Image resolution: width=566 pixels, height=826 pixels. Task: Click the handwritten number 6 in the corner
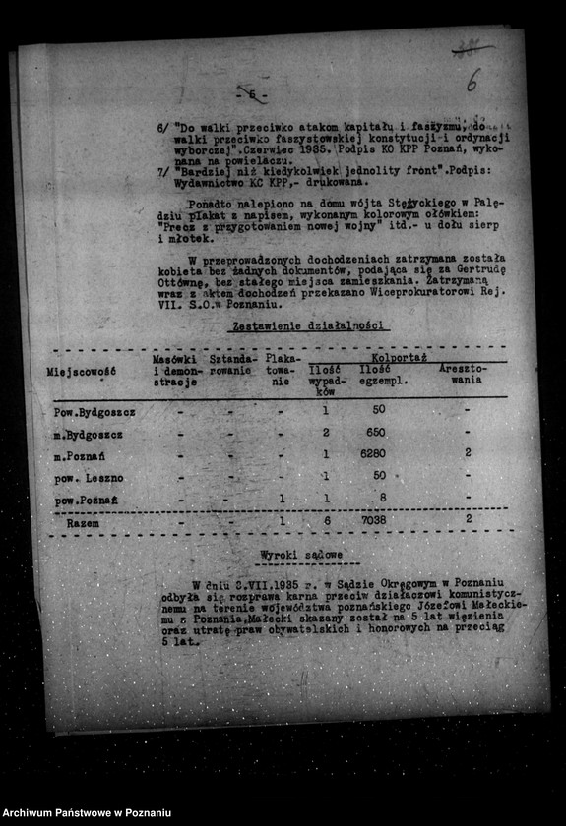(x=474, y=80)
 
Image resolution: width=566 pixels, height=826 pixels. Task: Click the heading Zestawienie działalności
(x=306, y=325)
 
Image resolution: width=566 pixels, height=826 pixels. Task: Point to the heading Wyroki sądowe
(x=302, y=557)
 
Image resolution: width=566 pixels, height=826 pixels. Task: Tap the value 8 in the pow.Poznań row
(x=382, y=498)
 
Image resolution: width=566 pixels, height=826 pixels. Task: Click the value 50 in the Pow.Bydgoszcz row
(x=378, y=410)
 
